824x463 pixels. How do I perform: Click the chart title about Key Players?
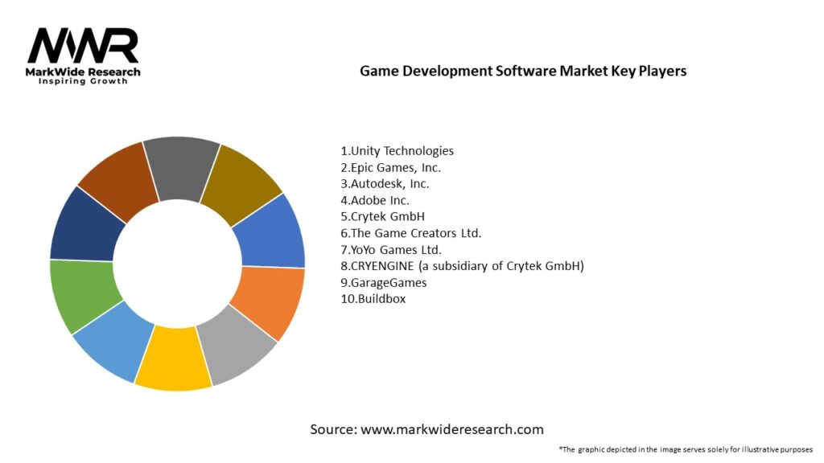523,71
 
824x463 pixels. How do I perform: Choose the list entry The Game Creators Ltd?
410,233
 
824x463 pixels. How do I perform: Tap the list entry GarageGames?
384,282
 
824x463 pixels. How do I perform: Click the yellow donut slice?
171,359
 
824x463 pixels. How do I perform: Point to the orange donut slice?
268,301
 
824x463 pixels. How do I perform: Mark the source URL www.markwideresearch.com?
452,429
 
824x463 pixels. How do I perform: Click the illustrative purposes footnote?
685,449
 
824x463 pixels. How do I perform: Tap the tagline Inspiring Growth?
83,82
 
